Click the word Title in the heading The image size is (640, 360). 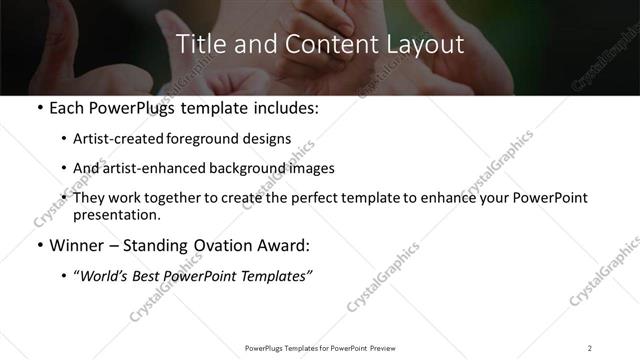pyautogui.click(x=199, y=45)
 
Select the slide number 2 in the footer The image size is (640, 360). pyautogui.click(x=589, y=347)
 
